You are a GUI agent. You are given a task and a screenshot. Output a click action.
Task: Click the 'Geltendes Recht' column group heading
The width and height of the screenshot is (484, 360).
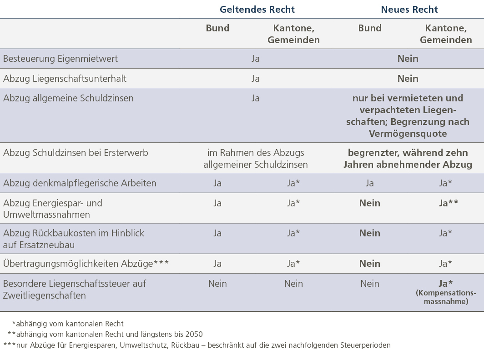coord(257,10)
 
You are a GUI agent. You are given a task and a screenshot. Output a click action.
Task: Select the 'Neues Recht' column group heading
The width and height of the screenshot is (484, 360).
coord(409,10)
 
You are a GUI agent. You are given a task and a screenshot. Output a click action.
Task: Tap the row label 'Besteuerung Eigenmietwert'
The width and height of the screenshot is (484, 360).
coord(60,59)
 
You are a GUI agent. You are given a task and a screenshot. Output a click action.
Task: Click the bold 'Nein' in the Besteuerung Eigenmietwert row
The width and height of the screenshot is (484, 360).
coord(408,59)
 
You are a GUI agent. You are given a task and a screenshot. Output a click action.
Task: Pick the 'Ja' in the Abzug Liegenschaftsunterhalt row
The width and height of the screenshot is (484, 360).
coord(256,79)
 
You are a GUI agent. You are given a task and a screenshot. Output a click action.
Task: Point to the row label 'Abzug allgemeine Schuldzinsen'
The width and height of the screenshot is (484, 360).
coord(68,98)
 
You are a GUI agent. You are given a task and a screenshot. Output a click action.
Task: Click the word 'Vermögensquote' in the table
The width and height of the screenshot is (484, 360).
coord(408,134)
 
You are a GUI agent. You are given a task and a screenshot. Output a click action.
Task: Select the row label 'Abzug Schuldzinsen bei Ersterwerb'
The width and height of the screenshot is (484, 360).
coord(76,153)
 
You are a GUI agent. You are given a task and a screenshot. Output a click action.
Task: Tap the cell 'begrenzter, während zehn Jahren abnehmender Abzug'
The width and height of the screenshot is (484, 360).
coord(408,158)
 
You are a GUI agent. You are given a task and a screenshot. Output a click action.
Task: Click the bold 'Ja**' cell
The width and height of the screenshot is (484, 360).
coord(448,203)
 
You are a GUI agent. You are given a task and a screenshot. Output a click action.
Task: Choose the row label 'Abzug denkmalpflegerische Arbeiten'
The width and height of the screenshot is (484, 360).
coord(80,183)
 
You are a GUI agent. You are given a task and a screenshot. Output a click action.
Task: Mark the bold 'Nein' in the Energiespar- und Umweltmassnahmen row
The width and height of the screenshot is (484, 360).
coord(370,203)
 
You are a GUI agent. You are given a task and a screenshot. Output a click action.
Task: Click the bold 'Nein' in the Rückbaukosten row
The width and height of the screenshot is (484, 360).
coord(370,233)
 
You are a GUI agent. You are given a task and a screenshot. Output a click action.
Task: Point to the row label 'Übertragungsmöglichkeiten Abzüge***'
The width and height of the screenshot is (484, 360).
coord(86,264)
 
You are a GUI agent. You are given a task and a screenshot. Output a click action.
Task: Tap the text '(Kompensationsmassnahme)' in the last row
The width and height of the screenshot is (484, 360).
coord(446,297)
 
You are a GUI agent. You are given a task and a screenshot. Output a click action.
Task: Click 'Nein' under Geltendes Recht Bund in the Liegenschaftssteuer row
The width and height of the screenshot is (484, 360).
coord(217,284)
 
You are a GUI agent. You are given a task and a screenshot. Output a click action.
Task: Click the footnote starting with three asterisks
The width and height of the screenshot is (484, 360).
coord(197,345)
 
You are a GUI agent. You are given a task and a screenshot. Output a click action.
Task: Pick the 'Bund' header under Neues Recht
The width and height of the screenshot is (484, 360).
coord(370,28)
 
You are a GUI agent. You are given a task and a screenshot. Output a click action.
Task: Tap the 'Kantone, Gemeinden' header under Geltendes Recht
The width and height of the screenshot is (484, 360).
coord(293,34)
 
